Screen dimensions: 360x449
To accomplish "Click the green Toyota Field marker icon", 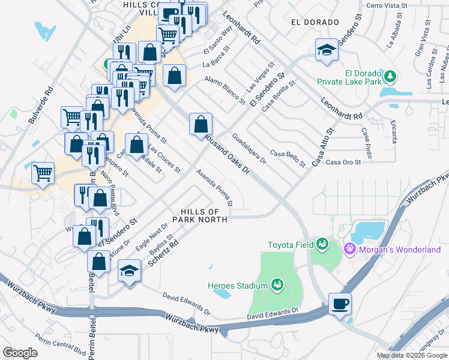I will coord(323,244).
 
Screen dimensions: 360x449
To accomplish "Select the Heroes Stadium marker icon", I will coord(277,284).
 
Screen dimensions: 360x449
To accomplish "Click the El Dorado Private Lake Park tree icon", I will coord(391,76).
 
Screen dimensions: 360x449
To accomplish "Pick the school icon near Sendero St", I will coord(327,50).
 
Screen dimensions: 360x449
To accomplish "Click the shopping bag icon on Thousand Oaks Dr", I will coord(200,124).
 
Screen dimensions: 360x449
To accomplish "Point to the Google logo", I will coord(20,352).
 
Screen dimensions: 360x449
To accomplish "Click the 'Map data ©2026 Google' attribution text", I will coord(411,355).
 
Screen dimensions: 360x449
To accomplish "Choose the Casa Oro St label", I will coord(343,162).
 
